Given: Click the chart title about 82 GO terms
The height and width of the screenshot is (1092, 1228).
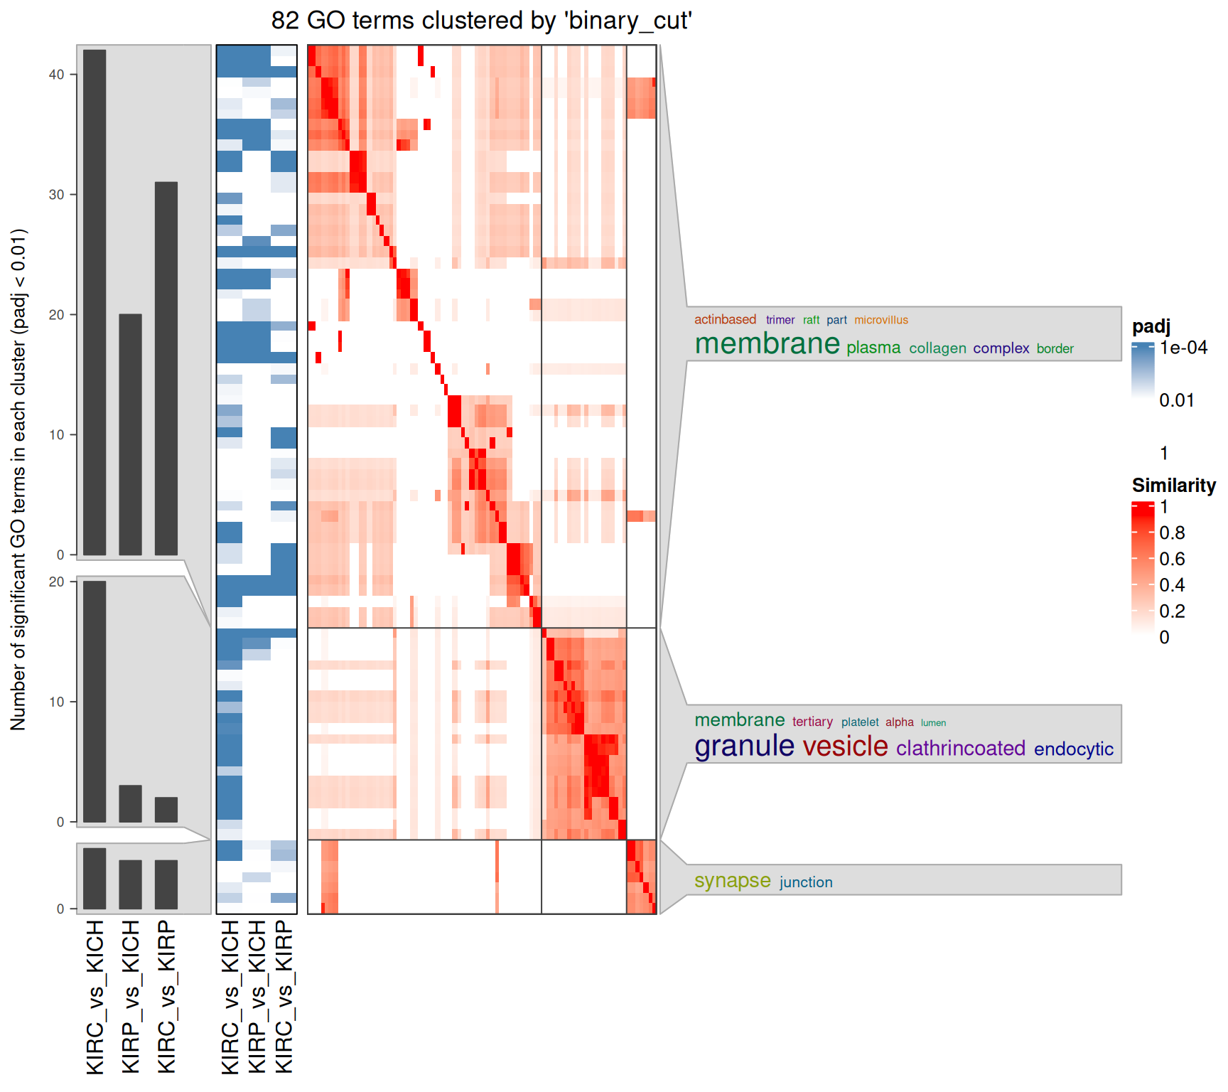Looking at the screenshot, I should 481,21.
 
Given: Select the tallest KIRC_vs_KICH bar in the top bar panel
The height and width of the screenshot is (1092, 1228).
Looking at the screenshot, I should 95,302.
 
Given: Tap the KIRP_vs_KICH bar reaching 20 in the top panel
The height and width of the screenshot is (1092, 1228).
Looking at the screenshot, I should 130,434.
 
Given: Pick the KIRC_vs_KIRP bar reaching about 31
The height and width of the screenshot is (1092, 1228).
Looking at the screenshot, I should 166,368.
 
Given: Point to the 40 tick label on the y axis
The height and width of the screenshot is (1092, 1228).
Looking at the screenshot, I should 56,75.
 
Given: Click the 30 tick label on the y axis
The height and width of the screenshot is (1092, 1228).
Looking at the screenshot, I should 56,195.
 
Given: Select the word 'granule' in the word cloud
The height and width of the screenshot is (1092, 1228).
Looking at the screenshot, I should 744,746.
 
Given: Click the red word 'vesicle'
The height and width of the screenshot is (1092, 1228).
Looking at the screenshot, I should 845,746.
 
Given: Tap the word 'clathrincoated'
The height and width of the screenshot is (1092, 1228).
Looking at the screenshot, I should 960,749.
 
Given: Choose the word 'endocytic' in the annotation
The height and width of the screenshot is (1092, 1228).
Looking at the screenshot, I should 1073,749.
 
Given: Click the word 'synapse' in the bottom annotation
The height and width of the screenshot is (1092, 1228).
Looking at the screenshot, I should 732,881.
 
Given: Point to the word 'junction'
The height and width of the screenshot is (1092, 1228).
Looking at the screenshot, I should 806,882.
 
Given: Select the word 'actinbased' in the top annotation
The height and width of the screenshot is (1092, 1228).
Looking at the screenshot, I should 725,320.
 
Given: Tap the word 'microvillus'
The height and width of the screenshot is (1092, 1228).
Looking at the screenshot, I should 881,320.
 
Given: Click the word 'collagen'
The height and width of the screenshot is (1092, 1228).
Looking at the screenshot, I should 937,348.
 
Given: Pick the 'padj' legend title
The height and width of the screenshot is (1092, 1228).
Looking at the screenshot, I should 1151,326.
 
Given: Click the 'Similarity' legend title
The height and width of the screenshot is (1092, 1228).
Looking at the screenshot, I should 1173,486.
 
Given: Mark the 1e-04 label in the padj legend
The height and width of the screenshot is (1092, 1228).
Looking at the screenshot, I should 1183,348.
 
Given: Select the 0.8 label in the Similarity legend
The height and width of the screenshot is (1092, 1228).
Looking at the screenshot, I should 1172,533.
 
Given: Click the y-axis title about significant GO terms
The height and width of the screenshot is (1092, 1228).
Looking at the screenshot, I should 18,480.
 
